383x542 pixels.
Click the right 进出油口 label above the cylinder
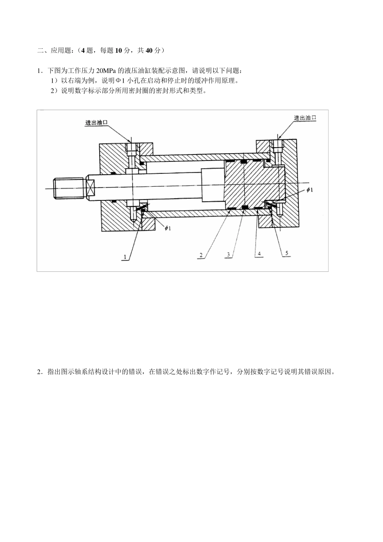305,118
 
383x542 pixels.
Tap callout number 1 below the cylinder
125,256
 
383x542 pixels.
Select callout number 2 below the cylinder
201,254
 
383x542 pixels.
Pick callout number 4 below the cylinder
260,254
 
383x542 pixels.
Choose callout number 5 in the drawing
287,253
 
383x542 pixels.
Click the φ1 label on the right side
309,190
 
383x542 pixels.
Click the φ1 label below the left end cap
168,228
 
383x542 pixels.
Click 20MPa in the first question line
106,71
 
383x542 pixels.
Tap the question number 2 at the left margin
39,372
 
